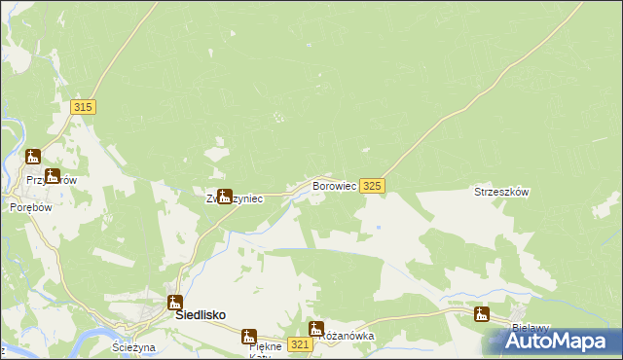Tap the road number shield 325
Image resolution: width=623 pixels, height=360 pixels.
(372, 185)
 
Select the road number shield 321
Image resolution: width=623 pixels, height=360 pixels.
(300, 345)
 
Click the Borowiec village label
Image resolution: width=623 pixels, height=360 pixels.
(334, 184)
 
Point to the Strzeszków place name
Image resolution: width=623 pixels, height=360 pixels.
(500, 192)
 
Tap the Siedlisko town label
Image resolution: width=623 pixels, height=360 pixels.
(200, 315)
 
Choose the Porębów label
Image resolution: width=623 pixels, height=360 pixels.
(29, 207)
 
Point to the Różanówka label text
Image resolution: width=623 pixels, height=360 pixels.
(348, 336)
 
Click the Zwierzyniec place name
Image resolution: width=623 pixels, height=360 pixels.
(234, 198)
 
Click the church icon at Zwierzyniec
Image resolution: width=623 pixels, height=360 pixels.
(225, 196)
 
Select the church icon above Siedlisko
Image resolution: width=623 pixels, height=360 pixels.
(174, 303)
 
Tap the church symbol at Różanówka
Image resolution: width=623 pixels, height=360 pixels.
(315, 329)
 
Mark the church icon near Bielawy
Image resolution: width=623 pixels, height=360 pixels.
(481, 313)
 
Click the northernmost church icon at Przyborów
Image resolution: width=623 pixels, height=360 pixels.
(33, 156)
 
